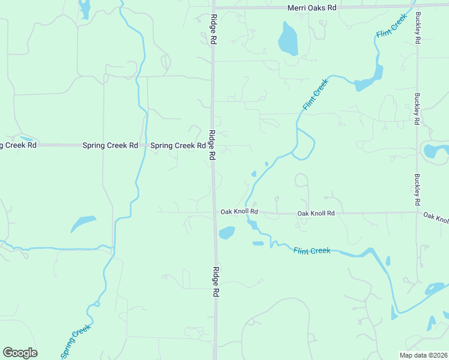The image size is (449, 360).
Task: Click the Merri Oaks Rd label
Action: click(x=312, y=7)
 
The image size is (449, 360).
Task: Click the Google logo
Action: click(x=20, y=353)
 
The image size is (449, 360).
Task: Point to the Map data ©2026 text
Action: click(x=423, y=355)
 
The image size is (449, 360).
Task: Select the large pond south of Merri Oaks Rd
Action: click(x=288, y=40)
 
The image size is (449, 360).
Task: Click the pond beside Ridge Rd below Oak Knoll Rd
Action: click(x=227, y=232)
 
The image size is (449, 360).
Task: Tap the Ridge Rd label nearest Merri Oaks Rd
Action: click(x=213, y=29)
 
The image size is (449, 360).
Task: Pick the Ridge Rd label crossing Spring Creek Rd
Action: click(x=212, y=145)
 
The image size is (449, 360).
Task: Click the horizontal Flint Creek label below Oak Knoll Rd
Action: click(x=312, y=250)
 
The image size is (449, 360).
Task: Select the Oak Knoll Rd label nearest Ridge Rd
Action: click(x=239, y=212)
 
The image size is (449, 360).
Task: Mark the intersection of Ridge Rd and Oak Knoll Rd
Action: click(x=214, y=212)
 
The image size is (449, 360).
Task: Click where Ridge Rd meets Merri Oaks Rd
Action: click(x=213, y=8)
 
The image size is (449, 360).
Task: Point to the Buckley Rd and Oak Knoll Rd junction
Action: click(x=418, y=211)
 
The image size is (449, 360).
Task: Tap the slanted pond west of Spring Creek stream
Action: click(x=83, y=223)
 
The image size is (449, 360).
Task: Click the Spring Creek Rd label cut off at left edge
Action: click(x=19, y=145)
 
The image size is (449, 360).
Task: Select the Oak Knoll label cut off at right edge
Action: click(x=436, y=217)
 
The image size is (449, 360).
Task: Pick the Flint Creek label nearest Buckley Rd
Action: click(x=391, y=26)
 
